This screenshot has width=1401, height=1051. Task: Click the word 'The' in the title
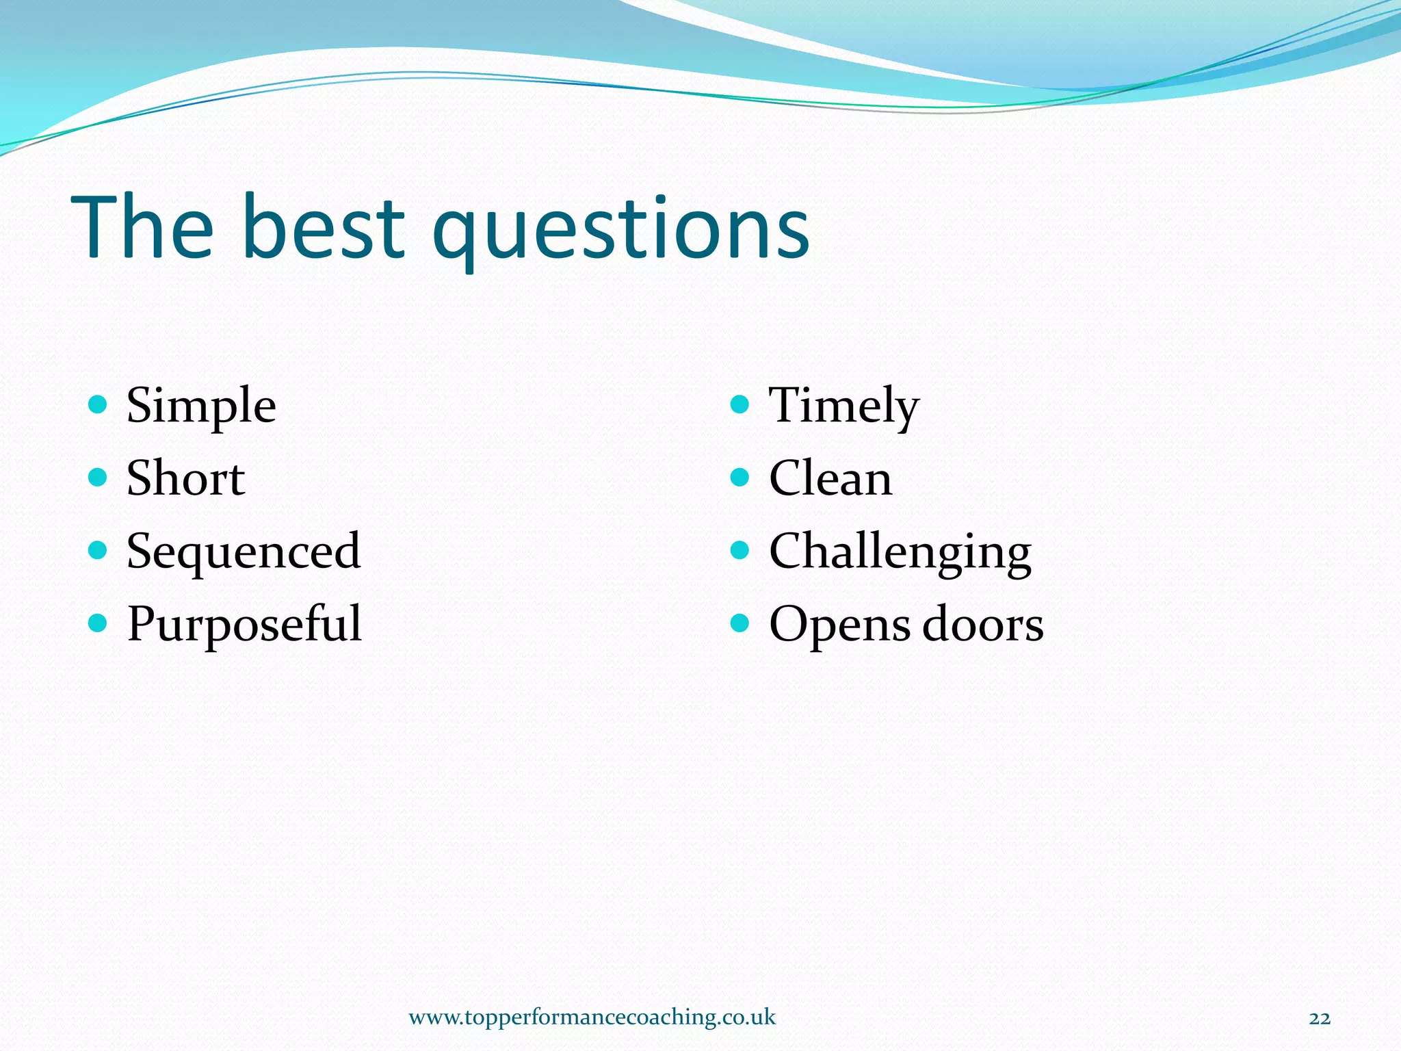point(142,227)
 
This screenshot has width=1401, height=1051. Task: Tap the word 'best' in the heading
point(323,227)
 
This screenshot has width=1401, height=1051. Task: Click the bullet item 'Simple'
point(201,407)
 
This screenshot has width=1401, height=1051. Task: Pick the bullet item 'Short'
point(185,478)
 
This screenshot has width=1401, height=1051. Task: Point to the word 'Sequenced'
point(244,552)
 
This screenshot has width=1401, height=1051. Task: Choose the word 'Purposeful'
point(244,624)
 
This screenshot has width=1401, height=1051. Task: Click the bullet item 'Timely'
point(843,407)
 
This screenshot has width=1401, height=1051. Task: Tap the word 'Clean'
point(830,478)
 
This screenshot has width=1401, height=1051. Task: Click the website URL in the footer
point(592,1017)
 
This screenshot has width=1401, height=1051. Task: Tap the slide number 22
point(1320,1018)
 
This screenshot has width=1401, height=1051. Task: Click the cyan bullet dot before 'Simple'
point(98,404)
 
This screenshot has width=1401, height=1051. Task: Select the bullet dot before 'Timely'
point(740,404)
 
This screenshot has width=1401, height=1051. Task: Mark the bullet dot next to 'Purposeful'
point(98,623)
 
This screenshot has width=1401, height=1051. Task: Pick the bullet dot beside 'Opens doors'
point(740,623)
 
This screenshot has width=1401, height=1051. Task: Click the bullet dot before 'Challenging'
point(740,549)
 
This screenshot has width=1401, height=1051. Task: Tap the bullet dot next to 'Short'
point(98,477)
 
